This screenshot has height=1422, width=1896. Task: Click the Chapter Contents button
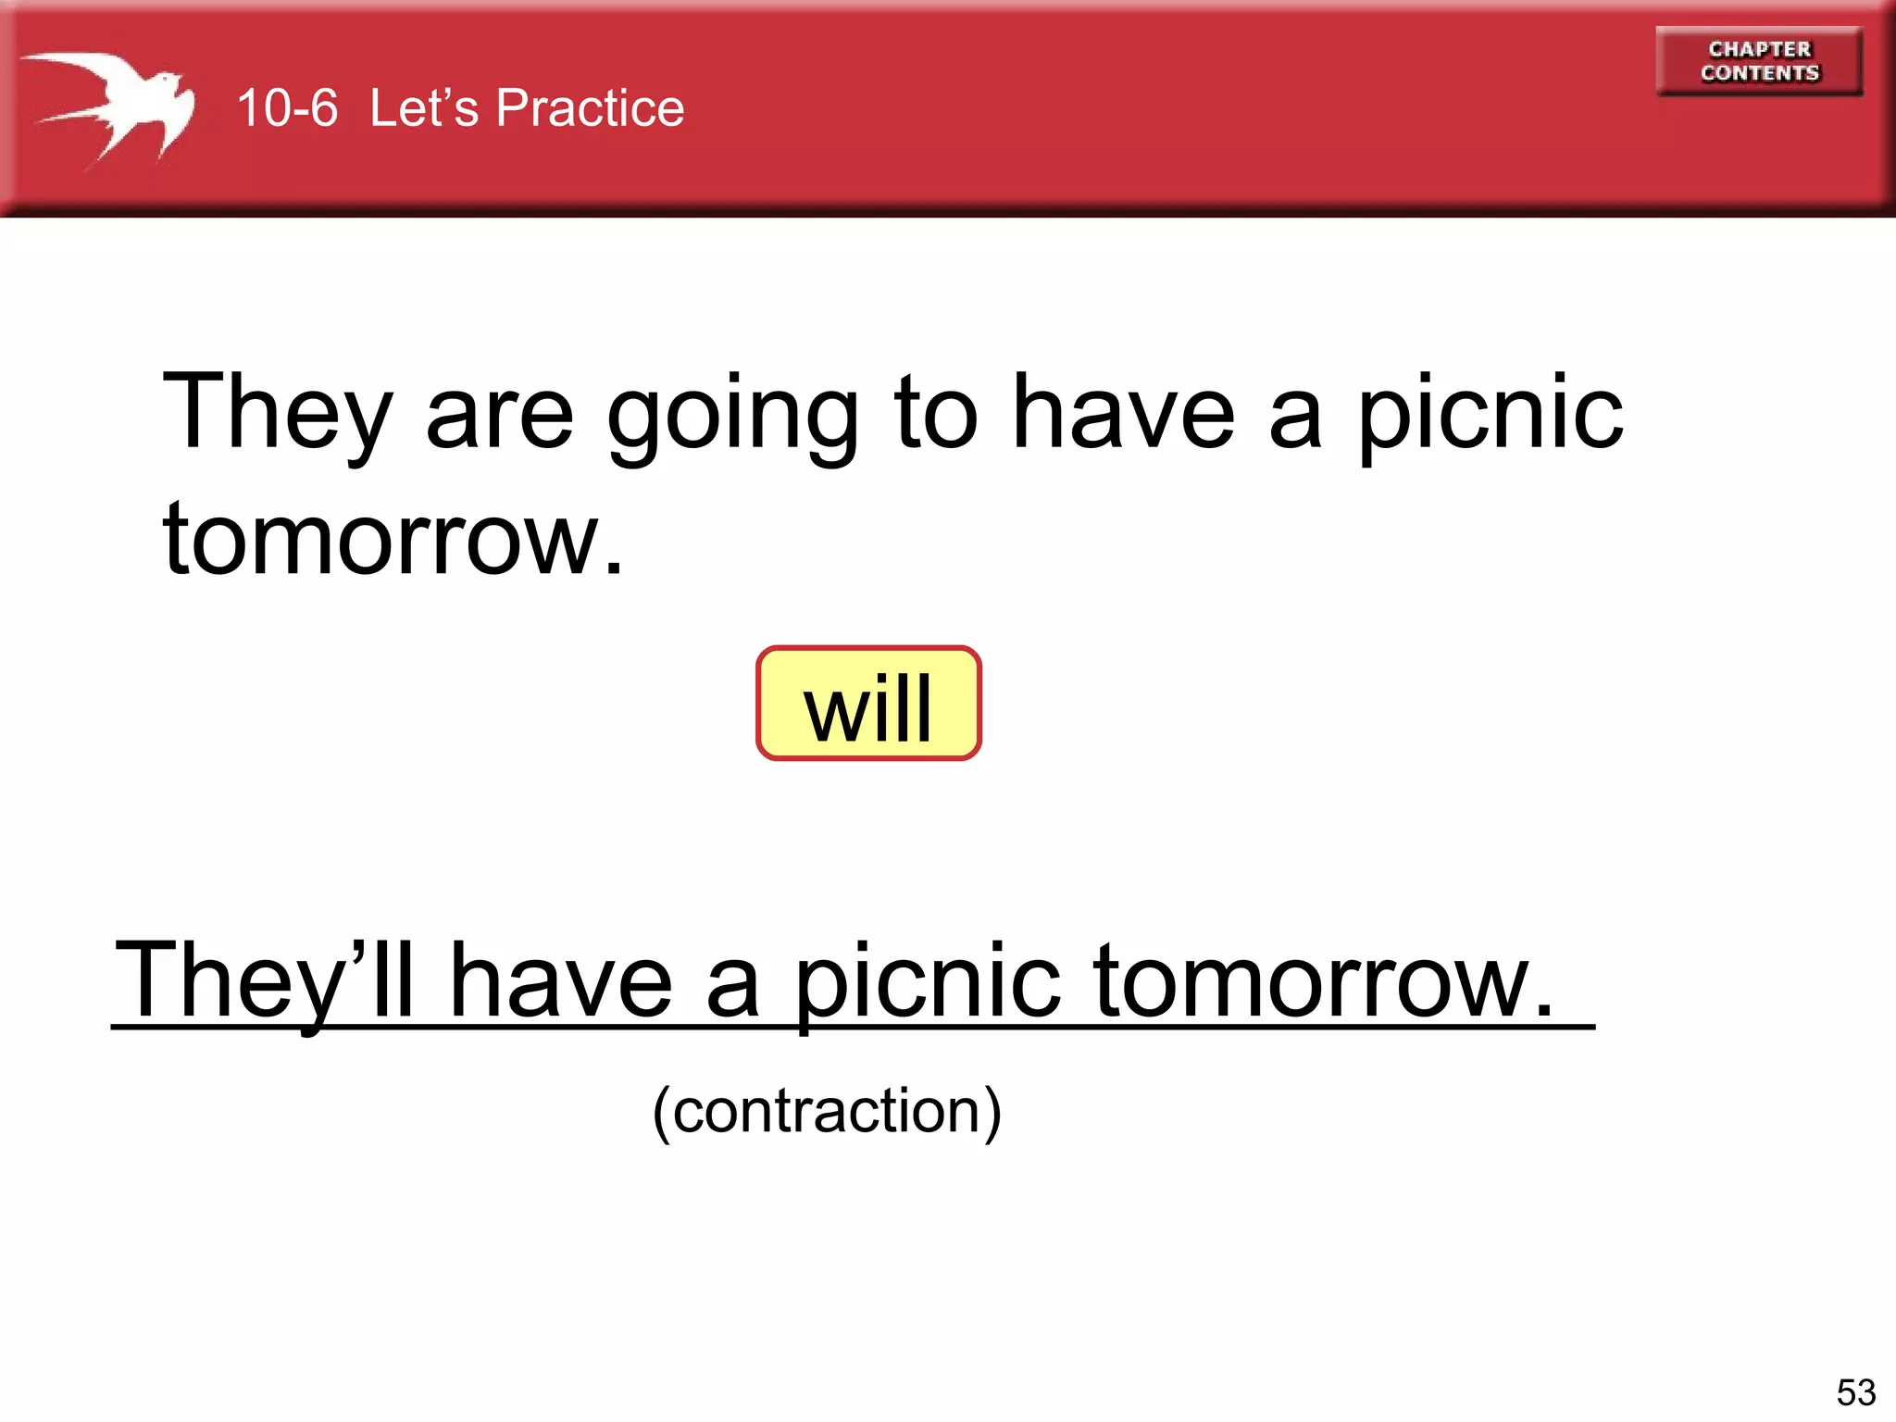coord(1759,61)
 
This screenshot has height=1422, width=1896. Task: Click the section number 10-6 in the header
coord(287,108)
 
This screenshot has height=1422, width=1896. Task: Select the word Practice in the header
coord(590,108)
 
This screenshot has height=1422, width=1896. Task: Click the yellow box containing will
coord(868,704)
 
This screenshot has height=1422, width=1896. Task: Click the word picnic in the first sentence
coord(1491,414)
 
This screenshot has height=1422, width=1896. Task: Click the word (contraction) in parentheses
coord(827,1111)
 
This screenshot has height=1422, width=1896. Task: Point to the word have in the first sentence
coord(1123,414)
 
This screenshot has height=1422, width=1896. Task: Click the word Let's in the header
coord(424,108)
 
